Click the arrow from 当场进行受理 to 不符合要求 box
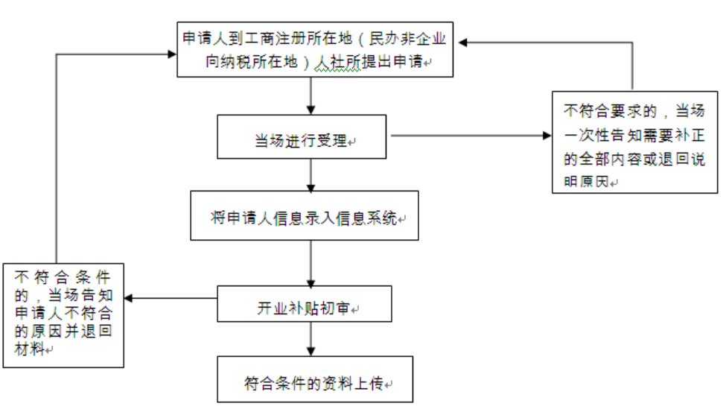coord(469,136)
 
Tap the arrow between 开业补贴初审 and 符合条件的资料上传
coord(310,338)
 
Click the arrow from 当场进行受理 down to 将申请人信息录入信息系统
coord(310,174)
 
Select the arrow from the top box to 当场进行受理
coord(310,95)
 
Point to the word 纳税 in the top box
coord(238,63)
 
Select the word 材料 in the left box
coord(28,347)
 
